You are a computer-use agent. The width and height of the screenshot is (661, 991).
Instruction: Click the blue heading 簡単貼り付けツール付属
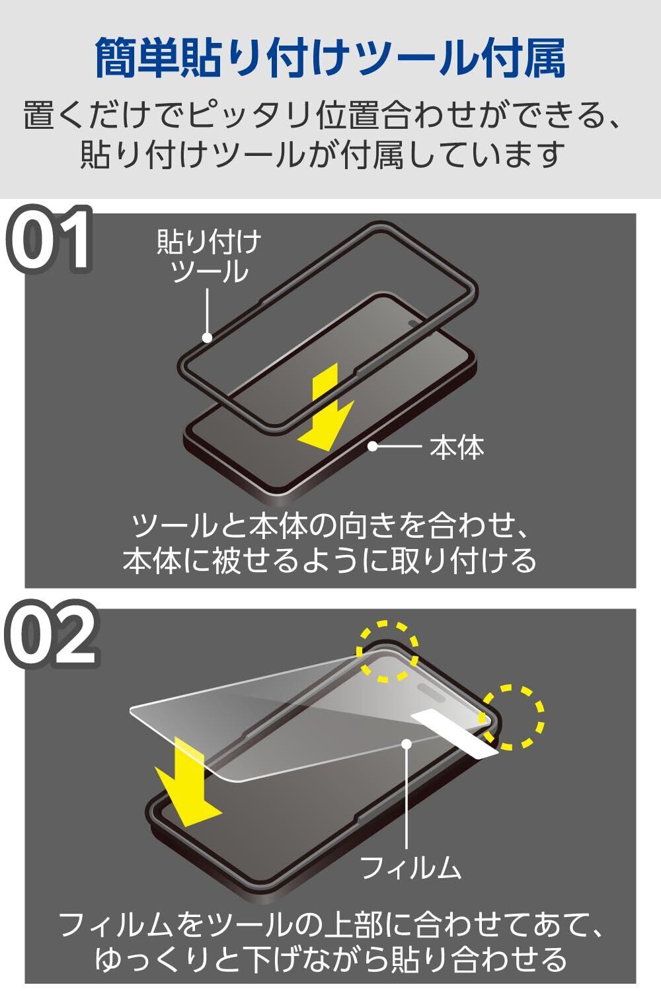click(x=330, y=59)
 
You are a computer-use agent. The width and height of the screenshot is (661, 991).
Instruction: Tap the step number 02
click(x=52, y=635)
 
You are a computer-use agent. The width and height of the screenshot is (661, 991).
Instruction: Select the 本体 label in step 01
click(x=457, y=447)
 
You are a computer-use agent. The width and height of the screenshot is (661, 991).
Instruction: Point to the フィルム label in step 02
click(x=410, y=867)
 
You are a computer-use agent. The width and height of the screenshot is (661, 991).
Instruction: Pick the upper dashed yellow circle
click(x=387, y=651)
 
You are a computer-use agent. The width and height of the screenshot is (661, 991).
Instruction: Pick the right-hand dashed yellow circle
click(x=512, y=717)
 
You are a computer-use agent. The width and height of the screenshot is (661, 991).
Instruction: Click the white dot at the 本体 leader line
click(x=372, y=447)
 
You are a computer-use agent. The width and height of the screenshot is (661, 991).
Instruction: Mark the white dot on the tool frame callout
click(x=207, y=338)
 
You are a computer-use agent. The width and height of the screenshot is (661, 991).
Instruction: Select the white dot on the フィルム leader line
click(x=407, y=743)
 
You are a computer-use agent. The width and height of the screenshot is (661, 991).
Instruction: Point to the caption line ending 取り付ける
click(x=330, y=560)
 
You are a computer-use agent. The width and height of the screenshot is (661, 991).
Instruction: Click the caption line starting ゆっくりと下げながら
click(x=330, y=959)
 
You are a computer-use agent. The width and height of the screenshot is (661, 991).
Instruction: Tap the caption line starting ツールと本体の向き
click(x=330, y=526)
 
